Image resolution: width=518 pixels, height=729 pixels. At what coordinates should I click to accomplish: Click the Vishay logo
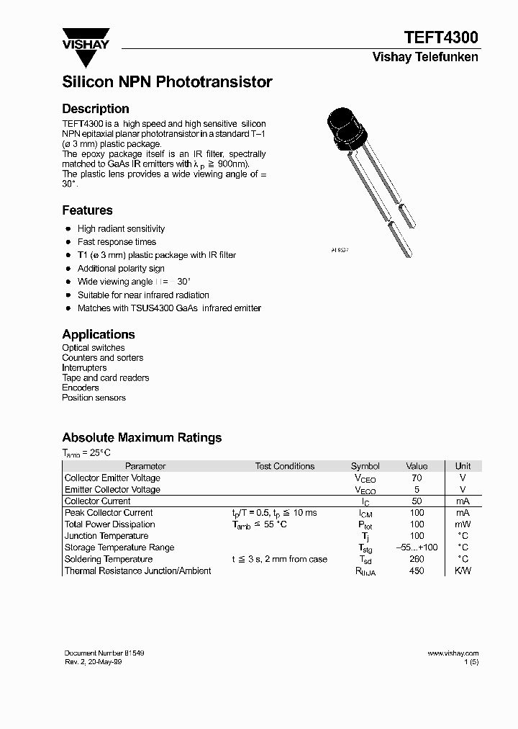pyautogui.click(x=86, y=41)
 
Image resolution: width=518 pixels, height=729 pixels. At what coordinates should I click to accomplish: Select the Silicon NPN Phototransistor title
pyautogui.click(x=167, y=82)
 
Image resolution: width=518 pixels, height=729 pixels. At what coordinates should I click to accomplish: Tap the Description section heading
pyautogui.click(x=96, y=109)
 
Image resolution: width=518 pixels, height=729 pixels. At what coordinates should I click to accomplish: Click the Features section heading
pyautogui.click(x=87, y=210)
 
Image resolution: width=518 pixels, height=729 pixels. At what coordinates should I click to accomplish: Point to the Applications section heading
pyautogui.click(x=99, y=334)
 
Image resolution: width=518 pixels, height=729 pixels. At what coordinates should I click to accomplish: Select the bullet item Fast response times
pyautogui.click(x=117, y=242)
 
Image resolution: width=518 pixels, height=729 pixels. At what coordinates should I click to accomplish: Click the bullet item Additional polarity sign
pyautogui.click(x=121, y=269)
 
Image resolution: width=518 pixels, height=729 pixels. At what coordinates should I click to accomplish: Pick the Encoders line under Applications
pyautogui.click(x=81, y=388)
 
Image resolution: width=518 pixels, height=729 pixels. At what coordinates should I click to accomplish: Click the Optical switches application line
pyautogui.click(x=94, y=348)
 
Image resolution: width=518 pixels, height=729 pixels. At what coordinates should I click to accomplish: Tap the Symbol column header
pyautogui.click(x=365, y=466)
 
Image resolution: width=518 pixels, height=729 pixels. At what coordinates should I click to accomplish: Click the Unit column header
pyautogui.click(x=463, y=466)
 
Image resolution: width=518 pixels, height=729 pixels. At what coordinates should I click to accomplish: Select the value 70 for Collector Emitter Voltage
pyautogui.click(x=417, y=478)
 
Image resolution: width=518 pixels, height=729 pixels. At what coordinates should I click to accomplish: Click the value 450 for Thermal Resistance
pyautogui.click(x=417, y=571)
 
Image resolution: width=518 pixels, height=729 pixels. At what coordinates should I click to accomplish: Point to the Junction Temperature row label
pyautogui.click(x=106, y=536)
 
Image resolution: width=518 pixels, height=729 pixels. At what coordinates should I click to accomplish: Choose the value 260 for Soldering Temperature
pyautogui.click(x=417, y=559)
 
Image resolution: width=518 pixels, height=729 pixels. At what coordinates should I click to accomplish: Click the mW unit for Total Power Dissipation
pyautogui.click(x=463, y=524)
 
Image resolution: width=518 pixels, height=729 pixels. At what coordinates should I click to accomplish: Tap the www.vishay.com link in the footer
pyautogui.click(x=453, y=653)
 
